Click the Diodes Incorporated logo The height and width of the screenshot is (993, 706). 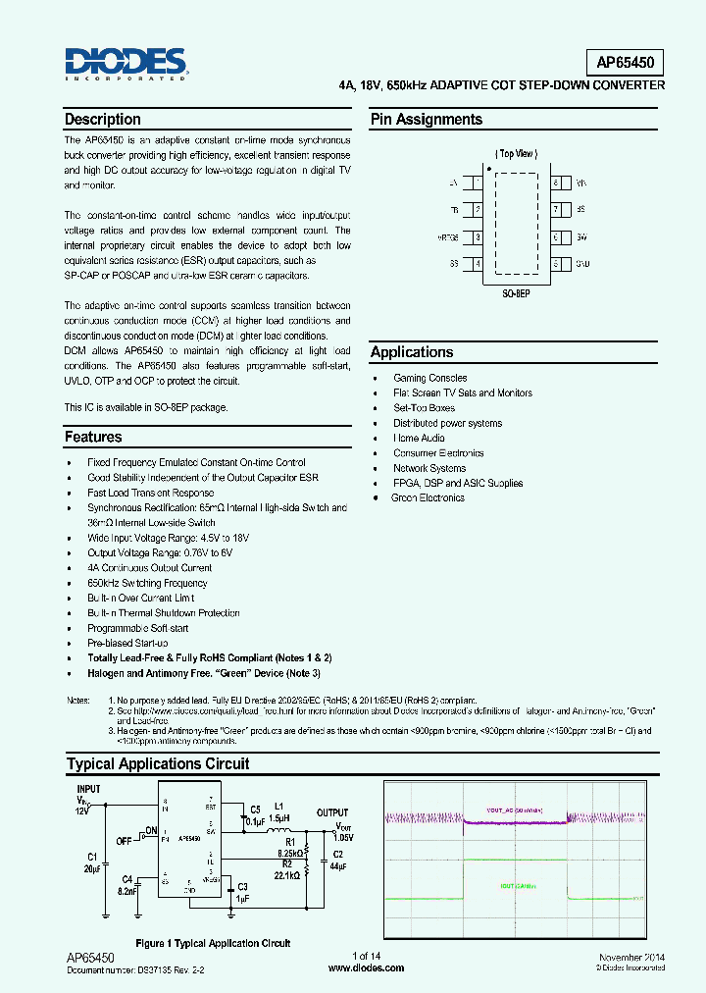[126, 64]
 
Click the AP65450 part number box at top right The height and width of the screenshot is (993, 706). [630, 63]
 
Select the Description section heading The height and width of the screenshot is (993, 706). [102, 120]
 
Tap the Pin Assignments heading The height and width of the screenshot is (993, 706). [426, 120]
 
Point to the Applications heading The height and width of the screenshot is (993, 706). [412, 352]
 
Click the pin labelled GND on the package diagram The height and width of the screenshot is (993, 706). [582, 263]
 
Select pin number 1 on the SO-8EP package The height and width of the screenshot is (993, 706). [478, 183]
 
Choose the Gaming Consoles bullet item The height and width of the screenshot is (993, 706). [429, 378]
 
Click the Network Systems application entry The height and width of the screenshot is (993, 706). [429, 468]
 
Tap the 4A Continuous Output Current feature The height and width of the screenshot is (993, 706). [149, 567]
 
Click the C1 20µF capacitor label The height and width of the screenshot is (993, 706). [92, 862]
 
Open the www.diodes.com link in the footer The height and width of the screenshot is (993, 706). [365, 967]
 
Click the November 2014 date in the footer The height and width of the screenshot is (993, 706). [630, 957]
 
